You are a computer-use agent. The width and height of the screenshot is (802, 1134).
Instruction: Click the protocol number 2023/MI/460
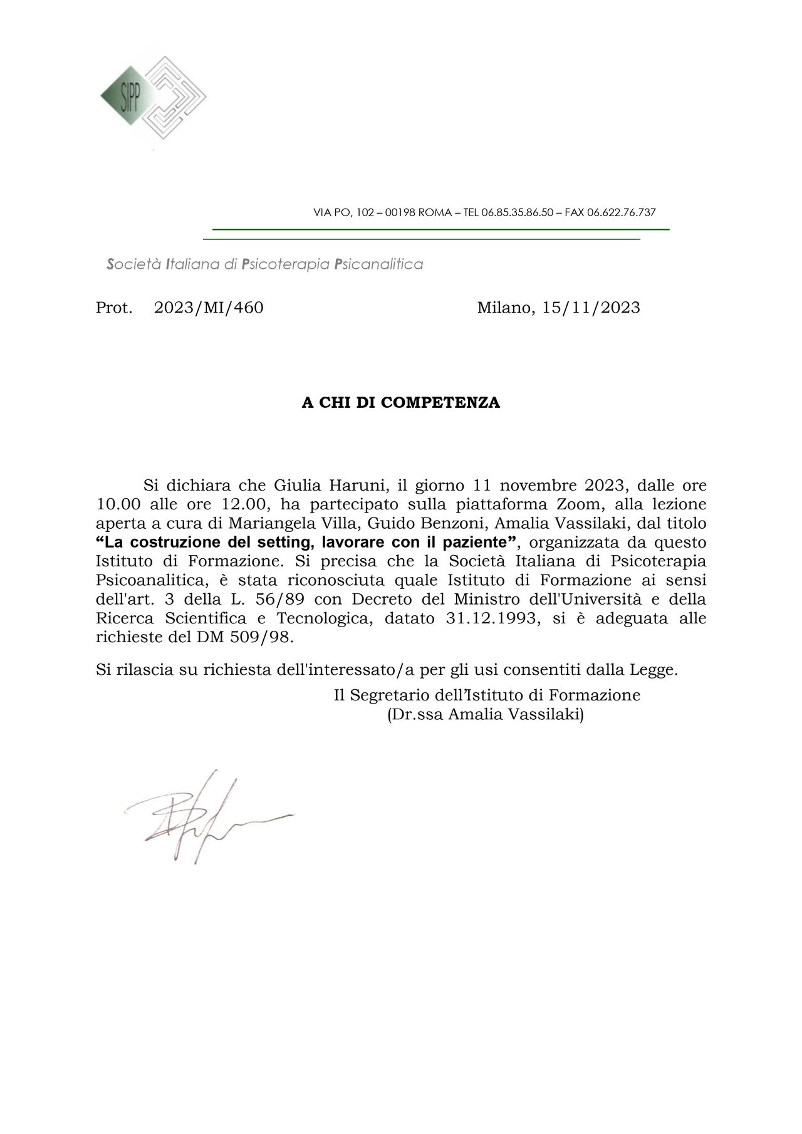point(209,308)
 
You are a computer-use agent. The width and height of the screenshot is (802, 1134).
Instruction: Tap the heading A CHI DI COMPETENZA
point(401,403)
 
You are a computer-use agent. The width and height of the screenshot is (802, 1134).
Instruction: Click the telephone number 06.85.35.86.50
point(517,212)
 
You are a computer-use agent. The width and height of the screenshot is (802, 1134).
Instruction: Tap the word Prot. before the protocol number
point(114,308)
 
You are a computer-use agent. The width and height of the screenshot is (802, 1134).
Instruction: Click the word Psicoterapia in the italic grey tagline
point(286,264)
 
